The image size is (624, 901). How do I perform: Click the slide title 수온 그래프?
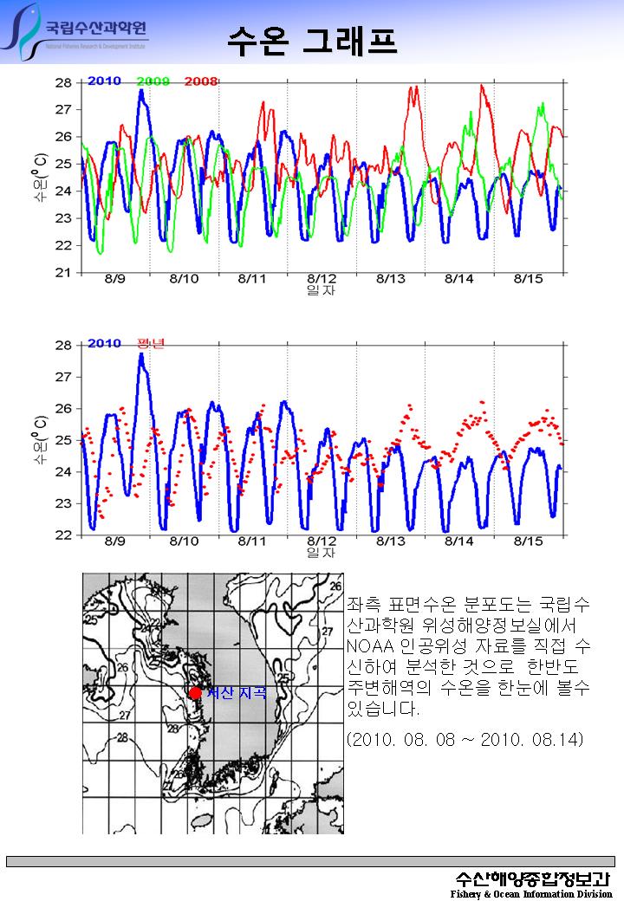pos(312,39)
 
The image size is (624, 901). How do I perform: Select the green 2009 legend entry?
pos(153,81)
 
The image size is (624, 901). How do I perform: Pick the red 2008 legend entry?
pos(200,81)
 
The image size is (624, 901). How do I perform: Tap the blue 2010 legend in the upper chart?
pos(104,81)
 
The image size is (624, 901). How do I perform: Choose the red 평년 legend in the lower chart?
pos(152,343)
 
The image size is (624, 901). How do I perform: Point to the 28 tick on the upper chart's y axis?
pos(63,83)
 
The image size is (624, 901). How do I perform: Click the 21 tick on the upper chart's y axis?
pos(63,273)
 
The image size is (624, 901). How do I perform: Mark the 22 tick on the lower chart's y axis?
pos(63,535)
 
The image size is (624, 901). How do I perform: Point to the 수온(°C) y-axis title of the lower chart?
pos(40,440)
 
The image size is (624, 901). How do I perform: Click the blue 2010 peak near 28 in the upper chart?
pos(141,91)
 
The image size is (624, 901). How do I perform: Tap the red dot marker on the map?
pos(196,692)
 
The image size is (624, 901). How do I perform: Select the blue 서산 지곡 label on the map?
pos(235,692)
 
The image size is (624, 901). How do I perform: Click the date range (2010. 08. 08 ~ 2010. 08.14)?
pos(465,739)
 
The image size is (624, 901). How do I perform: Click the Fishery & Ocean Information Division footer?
pos(530,893)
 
